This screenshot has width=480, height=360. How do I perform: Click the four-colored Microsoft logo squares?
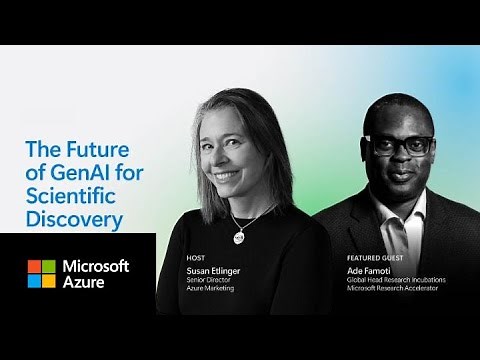point(41,274)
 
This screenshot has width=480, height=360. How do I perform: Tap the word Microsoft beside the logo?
point(96,266)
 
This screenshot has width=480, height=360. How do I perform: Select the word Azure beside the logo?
point(84,284)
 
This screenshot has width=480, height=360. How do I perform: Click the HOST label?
point(195,257)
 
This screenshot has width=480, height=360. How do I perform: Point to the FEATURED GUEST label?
point(370,257)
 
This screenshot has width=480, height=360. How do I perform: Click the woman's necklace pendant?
point(239,236)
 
